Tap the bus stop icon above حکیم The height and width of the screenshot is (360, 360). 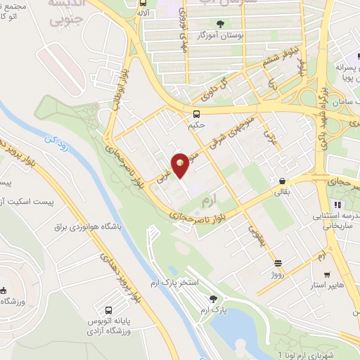click(197, 114)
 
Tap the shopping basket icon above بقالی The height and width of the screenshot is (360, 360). click(282, 180)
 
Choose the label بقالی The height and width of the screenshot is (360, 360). click(281, 191)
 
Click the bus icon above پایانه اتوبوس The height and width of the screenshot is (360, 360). click(108, 309)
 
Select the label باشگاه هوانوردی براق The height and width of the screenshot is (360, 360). click(89, 228)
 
